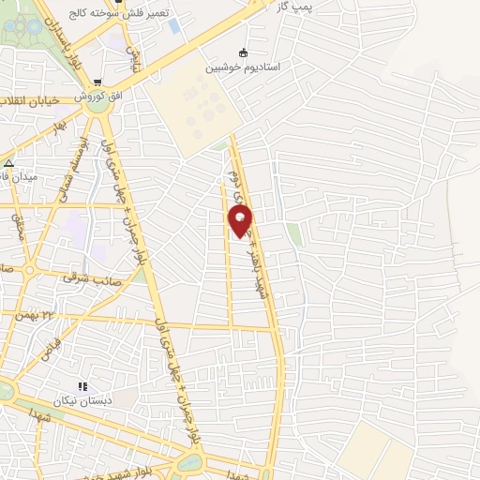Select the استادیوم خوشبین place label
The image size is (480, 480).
(244, 67)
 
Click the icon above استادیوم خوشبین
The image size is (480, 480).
(244, 52)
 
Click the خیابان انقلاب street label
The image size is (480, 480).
(30, 100)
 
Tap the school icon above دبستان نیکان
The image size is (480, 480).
(82, 385)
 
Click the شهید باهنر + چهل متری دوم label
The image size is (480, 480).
(255, 234)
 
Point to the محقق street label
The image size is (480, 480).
(18, 226)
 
